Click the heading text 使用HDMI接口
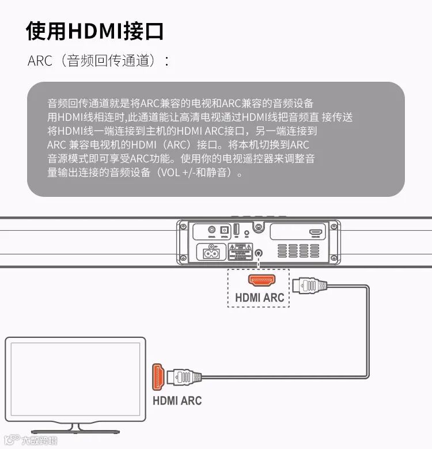95,31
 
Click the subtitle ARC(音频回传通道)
98,61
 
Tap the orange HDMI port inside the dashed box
262,280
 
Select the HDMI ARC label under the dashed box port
260,298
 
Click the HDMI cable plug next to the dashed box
309,285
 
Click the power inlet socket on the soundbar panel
211,252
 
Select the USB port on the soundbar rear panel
236,229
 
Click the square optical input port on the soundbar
225,230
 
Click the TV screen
75,380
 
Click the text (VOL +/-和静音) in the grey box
195,173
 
